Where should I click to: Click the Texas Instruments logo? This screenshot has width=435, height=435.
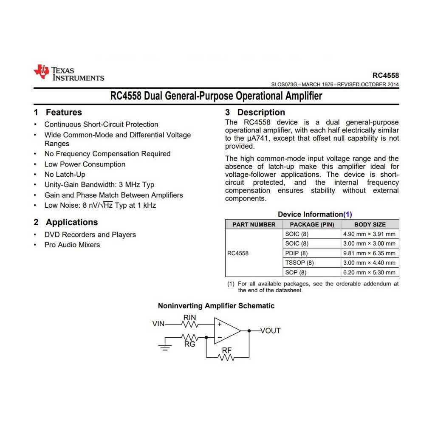tap(69, 72)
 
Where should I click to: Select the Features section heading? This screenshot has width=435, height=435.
tap(58, 113)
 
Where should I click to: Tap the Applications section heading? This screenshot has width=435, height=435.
tap(66, 222)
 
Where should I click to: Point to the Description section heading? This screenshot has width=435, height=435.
tap(255, 113)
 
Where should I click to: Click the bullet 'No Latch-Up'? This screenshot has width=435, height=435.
tap(65, 175)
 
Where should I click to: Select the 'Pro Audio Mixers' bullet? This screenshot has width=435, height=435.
tap(72, 245)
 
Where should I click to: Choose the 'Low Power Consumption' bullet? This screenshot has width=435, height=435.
tap(85, 164)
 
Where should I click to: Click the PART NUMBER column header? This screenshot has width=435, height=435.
tap(254, 224)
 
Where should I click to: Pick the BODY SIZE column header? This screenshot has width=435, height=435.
tap(370, 224)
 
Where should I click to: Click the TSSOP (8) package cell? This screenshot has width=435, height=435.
tap(299, 263)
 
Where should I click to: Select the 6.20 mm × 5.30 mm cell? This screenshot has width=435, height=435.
tap(369, 273)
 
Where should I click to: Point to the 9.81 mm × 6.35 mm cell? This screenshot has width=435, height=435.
tap(369, 253)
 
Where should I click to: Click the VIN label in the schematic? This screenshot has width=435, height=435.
tap(158, 324)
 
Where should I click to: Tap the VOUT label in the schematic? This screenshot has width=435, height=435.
tap(271, 331)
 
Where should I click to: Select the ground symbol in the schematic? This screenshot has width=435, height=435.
tap(165, 347)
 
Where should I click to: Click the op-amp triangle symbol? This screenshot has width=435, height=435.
tap(226, 330)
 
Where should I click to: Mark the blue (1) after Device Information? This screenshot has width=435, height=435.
tap(347, 215)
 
